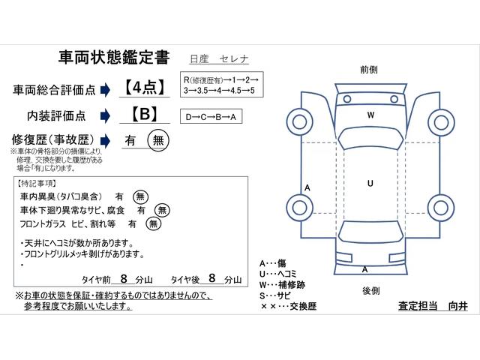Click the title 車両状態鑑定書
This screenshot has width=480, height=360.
114,58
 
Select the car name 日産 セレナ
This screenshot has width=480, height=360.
219,58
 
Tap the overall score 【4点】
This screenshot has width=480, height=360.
145,88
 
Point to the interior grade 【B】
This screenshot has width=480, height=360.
145,114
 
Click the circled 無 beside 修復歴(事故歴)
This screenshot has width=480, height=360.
158,140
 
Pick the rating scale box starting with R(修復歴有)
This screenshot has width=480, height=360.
222,85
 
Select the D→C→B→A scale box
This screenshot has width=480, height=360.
211,116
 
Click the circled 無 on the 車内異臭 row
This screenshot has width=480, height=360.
140,196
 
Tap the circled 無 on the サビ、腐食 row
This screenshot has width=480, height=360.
162,210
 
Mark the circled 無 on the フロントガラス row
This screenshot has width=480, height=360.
153,223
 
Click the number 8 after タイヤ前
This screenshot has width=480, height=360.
124,278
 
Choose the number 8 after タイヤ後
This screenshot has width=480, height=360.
212,278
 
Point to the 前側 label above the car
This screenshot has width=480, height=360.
369,70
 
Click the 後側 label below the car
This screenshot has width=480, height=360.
371,291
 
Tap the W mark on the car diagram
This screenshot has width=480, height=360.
370,115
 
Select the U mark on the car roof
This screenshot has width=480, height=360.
370,183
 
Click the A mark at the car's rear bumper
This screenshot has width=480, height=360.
364,269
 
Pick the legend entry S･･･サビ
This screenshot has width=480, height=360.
274,295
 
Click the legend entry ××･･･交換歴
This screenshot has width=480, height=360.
288,306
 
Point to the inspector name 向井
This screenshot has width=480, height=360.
458,306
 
